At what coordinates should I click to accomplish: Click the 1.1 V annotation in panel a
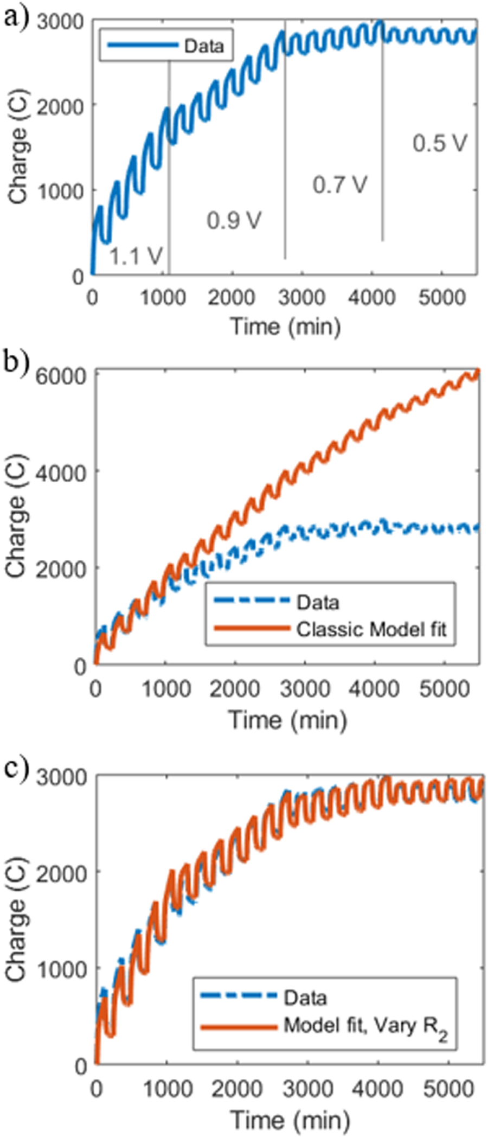click(x=136, y=255)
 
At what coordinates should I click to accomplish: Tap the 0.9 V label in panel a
click(x=234, y=220)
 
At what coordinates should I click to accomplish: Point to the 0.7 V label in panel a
click(x=339, y=185)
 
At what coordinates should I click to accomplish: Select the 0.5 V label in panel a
click(x=439, y=143)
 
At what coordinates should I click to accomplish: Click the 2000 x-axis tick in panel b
click(x=235, y=689)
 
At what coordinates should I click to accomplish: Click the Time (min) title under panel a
click(x=285, y=327)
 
